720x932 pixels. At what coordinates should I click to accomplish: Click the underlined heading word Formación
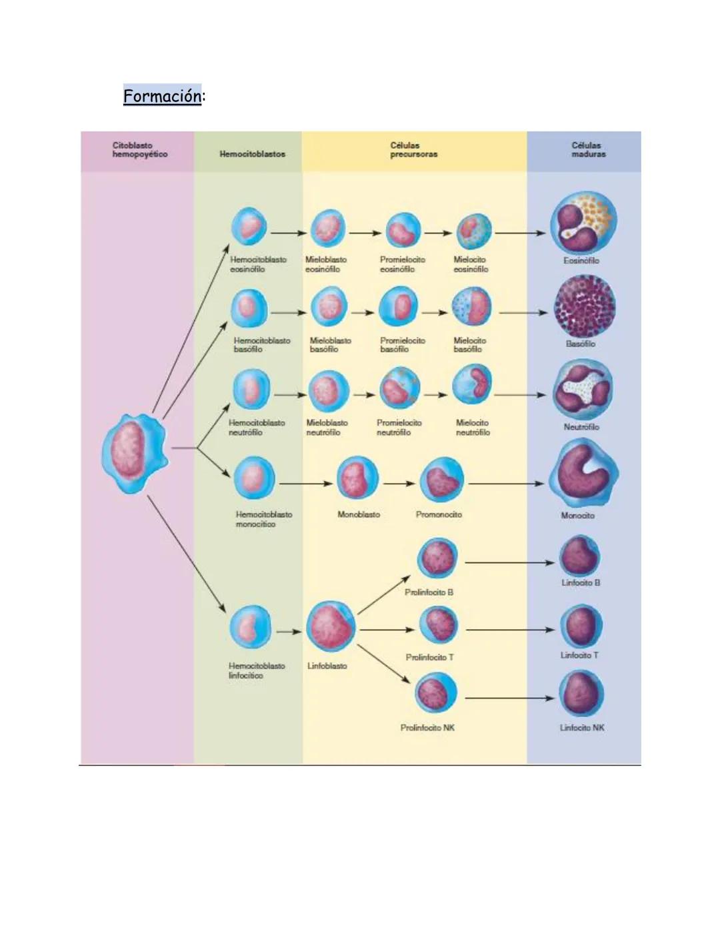(162, 96)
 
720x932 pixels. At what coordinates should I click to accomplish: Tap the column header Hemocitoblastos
(252, 154)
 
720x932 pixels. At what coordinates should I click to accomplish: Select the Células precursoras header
(413, 149)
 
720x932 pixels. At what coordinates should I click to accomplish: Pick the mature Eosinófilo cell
(583, 225)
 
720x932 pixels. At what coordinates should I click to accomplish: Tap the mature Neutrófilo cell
(583, 390)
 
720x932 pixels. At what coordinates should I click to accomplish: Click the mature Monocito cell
(583, 474)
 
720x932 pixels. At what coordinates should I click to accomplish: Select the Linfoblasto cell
(331, 628)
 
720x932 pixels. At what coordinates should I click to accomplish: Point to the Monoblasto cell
(357, 478)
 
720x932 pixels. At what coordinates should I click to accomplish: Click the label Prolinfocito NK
(427, 728)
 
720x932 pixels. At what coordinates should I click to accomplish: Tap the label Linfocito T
(579, 655)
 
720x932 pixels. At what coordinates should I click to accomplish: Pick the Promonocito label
(439, 514)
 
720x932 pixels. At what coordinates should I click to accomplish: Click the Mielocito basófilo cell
(471, 308)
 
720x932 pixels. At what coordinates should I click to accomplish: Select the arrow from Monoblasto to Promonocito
(399, 484)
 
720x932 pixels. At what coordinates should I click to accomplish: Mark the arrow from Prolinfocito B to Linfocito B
(509, 562)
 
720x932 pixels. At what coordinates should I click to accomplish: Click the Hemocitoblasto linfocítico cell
(250, 628)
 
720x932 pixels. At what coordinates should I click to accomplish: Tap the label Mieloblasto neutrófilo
(327, 428)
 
